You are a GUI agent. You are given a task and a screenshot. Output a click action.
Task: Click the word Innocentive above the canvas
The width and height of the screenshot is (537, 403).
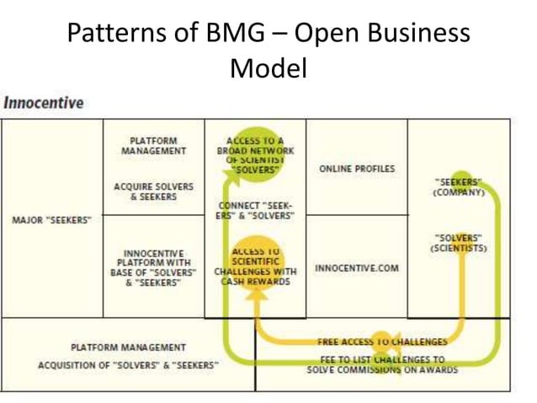click(44, 103)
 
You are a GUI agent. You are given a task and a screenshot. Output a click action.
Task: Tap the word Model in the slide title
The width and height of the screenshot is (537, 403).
click(268, 67)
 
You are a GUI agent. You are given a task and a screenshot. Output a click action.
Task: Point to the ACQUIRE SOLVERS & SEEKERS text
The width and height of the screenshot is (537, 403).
click(153, 191)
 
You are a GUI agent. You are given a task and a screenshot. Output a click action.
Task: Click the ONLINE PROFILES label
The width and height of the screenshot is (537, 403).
click(357, 169)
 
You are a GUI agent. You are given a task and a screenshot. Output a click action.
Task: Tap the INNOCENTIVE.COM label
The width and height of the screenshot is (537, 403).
click(357, 268)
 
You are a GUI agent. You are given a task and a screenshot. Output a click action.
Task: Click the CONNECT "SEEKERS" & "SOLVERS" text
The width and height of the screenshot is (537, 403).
click(255, 209)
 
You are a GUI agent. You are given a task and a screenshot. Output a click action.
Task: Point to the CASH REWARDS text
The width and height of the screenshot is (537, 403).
click(255, 282)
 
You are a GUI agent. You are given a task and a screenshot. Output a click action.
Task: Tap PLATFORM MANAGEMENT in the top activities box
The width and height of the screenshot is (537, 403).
click(153, 145)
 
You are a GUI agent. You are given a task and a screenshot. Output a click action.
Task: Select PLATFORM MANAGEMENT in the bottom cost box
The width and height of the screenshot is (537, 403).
click(128, 347)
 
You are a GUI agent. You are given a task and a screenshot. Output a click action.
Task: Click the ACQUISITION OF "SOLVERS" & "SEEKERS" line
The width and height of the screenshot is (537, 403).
click(128, 364)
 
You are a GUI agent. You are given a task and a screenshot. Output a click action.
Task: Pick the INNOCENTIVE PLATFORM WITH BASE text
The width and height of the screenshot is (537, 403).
click(153, 267)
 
